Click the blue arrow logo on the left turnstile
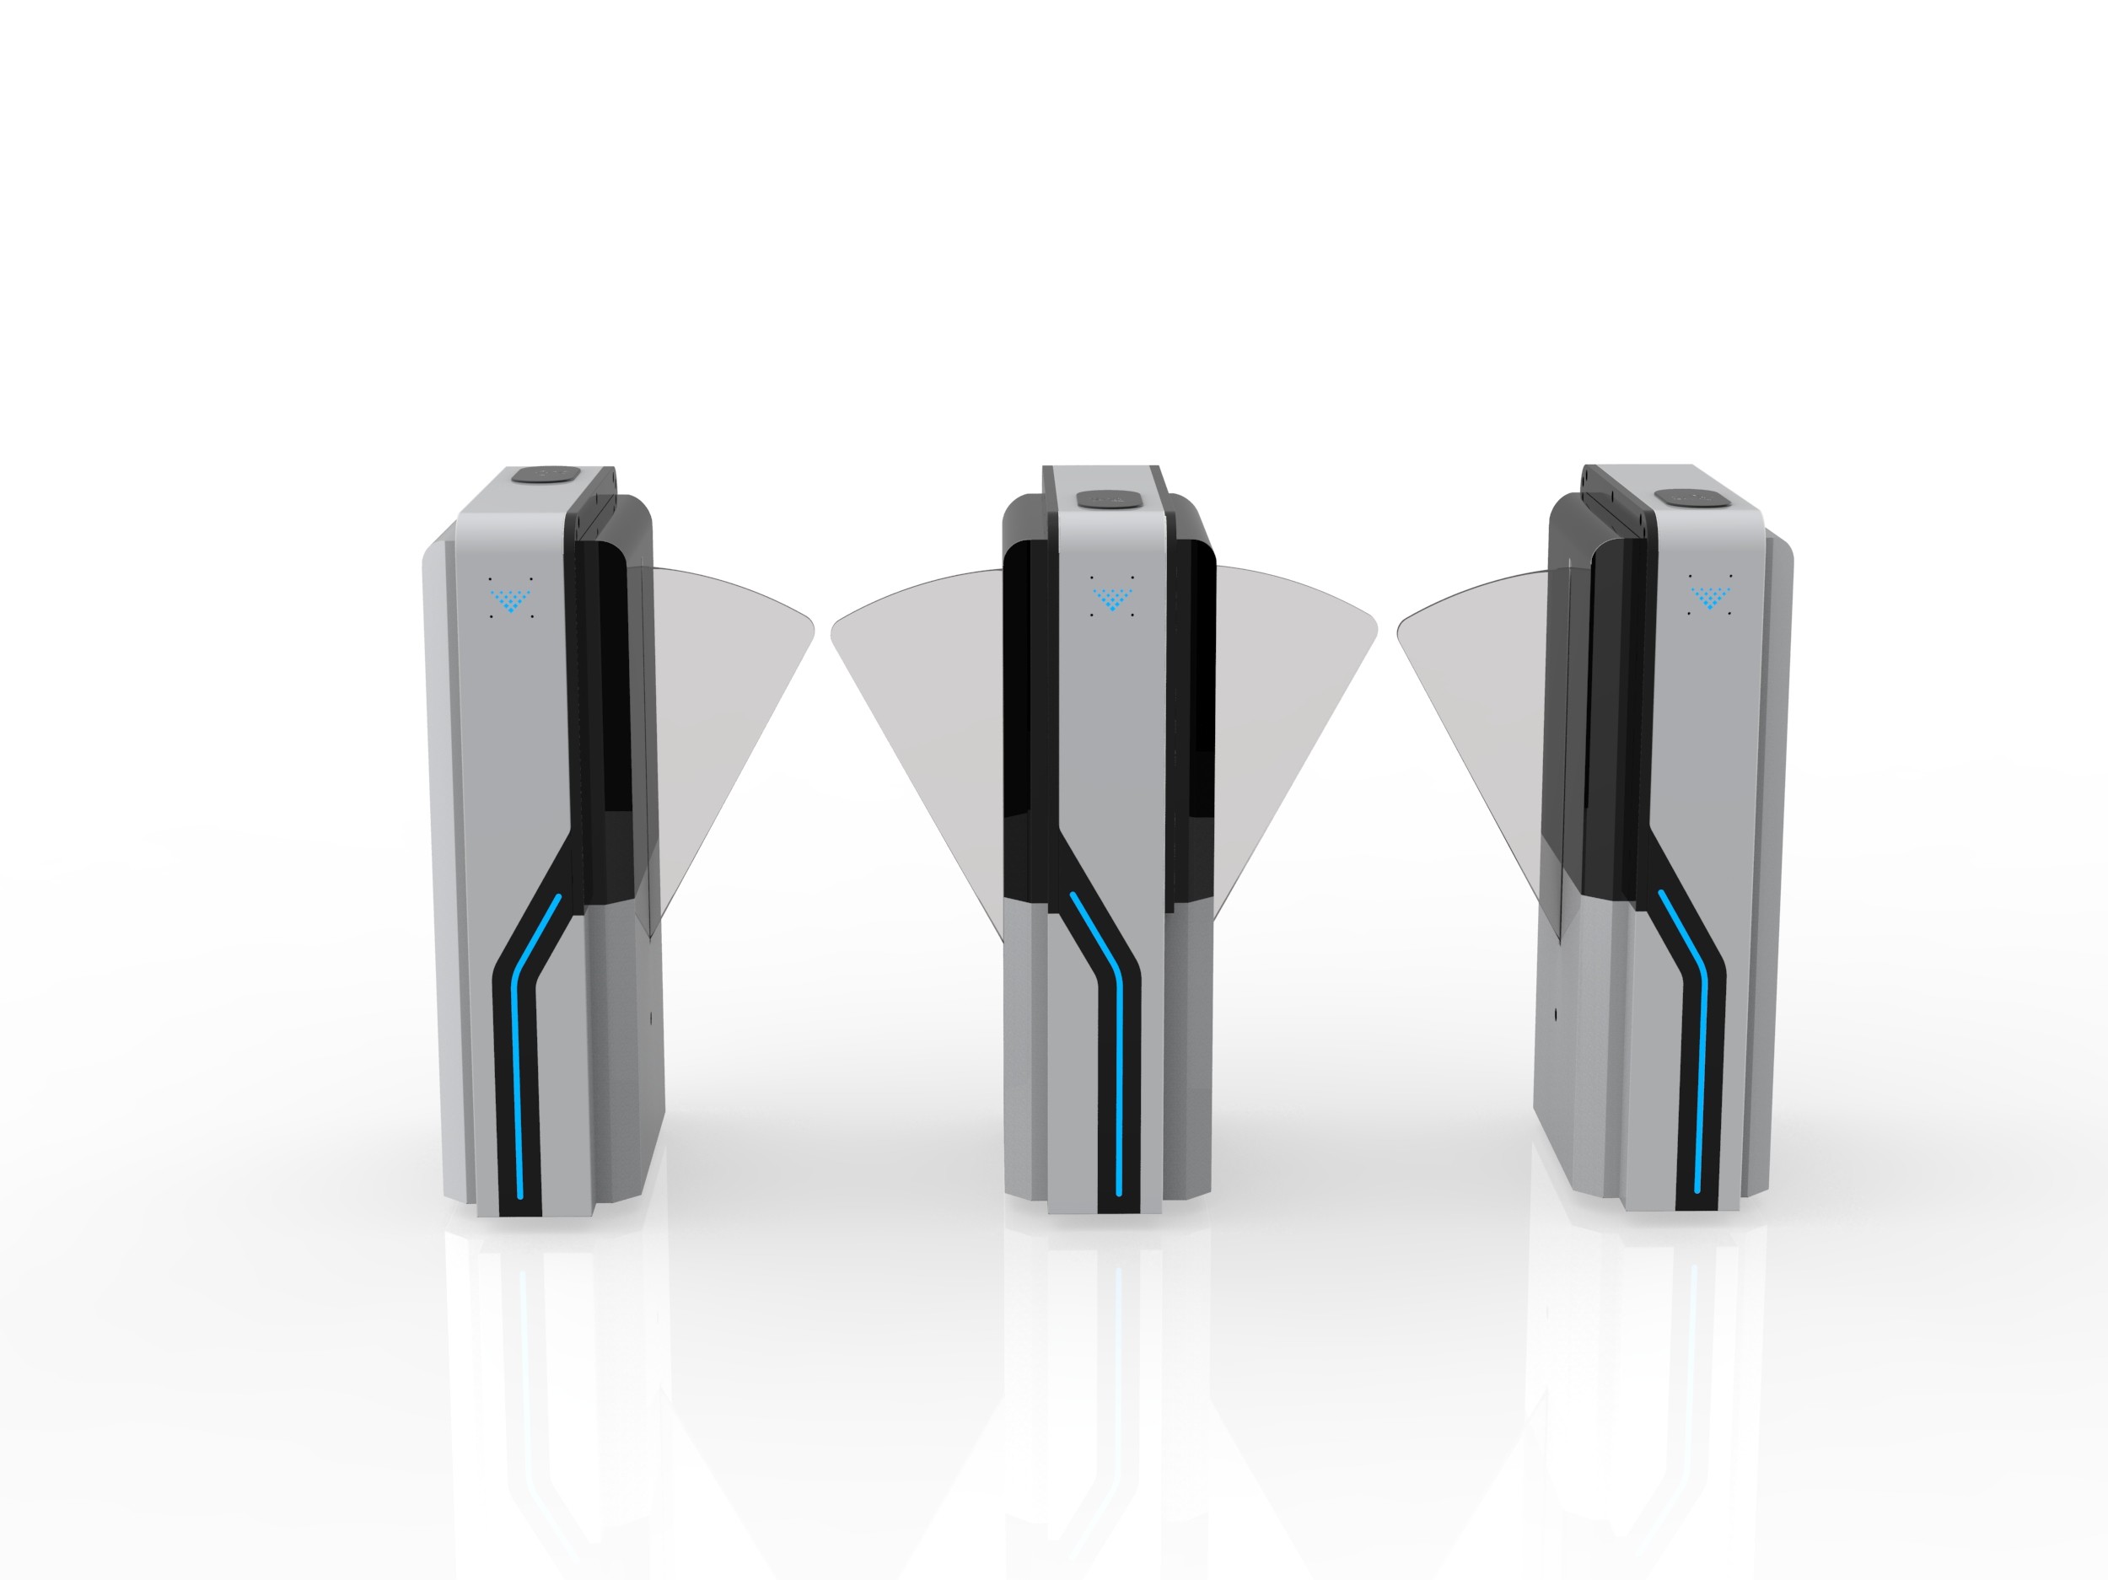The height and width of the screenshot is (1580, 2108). pyautogui.click(x=512, y=599)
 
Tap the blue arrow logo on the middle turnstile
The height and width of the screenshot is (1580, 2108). pyautogui.click(x=1111, y=599)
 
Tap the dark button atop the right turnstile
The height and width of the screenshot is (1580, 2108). pyautogui.click(x=1684, y=497)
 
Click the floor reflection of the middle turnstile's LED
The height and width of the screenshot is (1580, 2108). pyautogui.click(x=1118, y=1334)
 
